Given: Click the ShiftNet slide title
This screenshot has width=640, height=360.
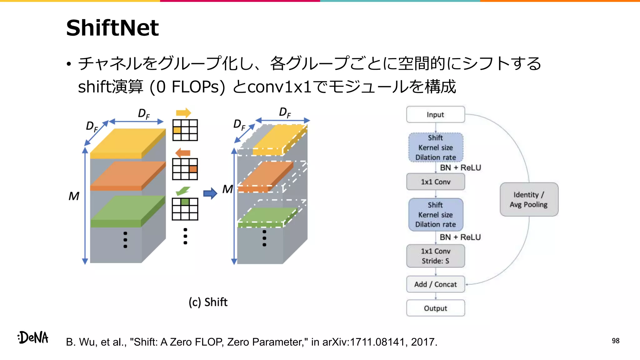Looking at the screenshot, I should (112, 28).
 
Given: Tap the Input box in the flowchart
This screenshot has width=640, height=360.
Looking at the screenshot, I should (435, 115).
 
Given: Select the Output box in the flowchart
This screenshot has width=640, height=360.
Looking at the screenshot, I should (435, 308).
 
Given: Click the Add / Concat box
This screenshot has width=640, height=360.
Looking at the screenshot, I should (435, 284).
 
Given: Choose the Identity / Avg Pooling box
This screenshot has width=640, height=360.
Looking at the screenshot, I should (529, 199).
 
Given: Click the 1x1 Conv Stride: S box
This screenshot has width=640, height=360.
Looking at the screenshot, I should (435, 256).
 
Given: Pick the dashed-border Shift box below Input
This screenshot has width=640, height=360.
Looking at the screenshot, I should (435, 147).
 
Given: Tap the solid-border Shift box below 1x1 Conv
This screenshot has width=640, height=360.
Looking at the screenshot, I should (435, 215).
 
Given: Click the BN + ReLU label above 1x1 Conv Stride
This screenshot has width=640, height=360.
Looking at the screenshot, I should (460, 237).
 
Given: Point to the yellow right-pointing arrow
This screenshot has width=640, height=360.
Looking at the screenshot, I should (183, 113).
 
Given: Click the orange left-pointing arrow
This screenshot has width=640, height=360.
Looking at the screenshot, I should (183, 153).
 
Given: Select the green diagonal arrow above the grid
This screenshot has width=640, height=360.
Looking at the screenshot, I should (183, 190).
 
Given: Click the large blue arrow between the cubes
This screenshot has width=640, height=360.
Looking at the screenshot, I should (210, 193).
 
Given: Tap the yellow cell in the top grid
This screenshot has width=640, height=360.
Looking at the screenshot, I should (177, 130).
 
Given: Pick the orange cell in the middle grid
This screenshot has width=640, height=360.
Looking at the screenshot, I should (193, 169).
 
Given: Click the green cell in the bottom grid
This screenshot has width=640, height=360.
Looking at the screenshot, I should (185, 202).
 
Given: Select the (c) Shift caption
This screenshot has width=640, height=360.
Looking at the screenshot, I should (208, 302).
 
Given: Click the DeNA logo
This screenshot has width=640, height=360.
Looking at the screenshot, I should (33, 337).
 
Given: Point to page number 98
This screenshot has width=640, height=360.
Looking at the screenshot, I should (615, 341).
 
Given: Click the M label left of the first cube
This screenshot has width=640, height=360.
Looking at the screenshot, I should (74, 196).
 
